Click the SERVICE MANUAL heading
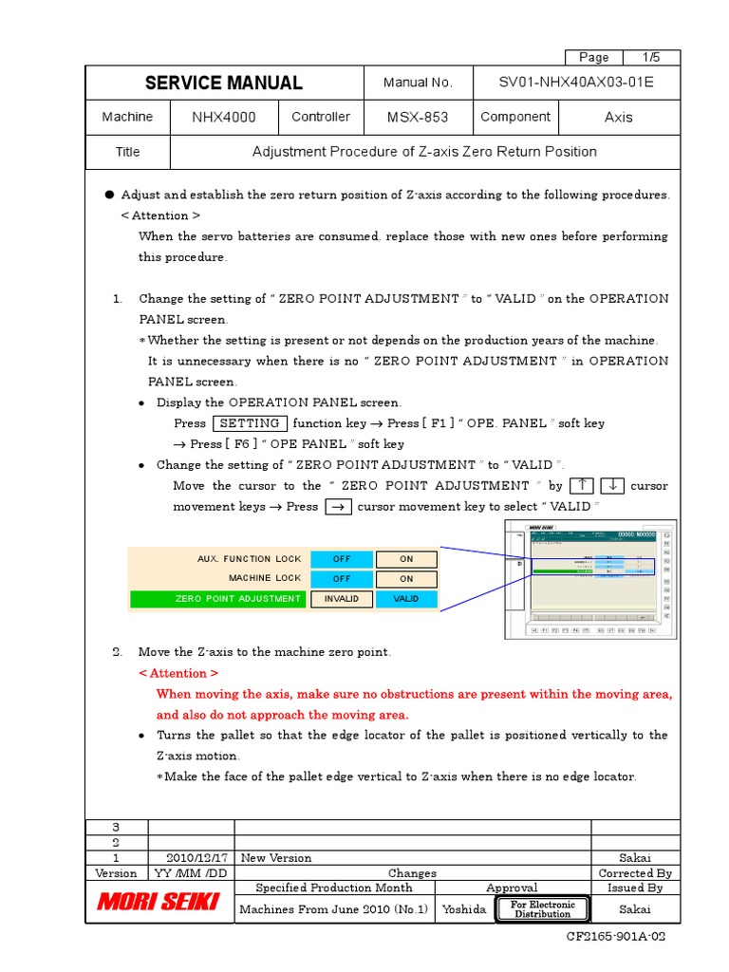pyautogui.click(x=223, y=83)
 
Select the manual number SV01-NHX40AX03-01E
pyautogui.click(x=576, y=83)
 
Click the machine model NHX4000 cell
pyautogui.click(x=223, y=118)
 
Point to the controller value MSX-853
pyautogui.click(x=418, y=118)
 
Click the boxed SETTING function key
pyautogui.click(x=250, y=423)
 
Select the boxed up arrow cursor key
pyautogui.click(x=580, y=486)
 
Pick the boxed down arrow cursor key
pyautogui.click(x=612, y=486)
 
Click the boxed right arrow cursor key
pyautogui.click(x=338, y=507)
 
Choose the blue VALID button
pyautogui.click(x=406, y=599)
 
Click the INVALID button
pyautogui.click(x=342, y=599)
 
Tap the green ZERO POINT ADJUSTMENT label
pyautogui.click(x=217, y=599)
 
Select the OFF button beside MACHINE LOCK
pyautogui.click(x=342, y=578)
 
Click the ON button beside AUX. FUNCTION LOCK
pyautogui.click(x=406, y=559)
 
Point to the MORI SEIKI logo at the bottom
pyautogui.click(x=159, y=902)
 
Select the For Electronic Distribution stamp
pyautogui.click(x=542, y=909)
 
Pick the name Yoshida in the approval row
pyautogui.click(x=464, y=909)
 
